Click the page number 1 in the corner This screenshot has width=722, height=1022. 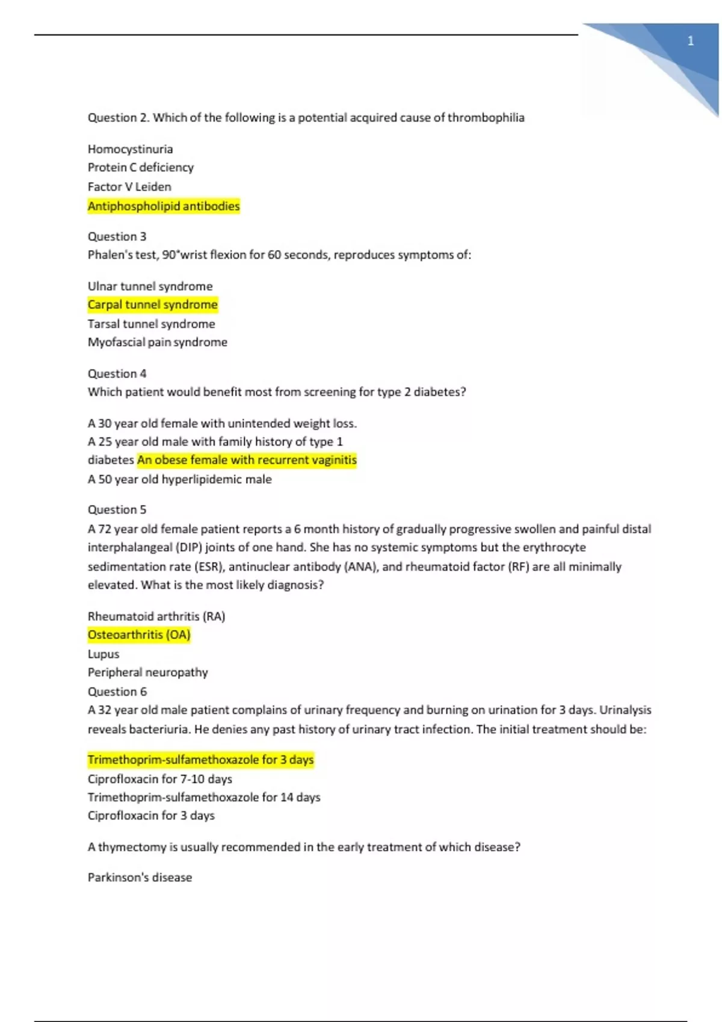(x=690, y=41)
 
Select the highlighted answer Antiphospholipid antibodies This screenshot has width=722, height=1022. (x=164, y=206)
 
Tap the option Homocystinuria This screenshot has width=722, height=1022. (x=130, y=149)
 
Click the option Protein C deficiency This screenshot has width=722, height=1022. (x=141, y=167)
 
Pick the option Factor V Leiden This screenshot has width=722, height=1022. (x=129, y=187)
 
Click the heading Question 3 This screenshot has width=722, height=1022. (x=117, y=236)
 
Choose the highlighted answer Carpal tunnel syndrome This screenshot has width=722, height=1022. (x=152, y=305)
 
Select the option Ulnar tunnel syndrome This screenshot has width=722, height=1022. (x=150, y=286)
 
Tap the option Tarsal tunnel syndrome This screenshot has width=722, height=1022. (x=151, y=324)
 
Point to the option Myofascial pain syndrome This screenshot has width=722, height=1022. (x=158, y=342)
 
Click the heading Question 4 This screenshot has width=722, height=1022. (x=117, y=373)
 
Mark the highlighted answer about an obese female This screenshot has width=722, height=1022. (x=247, y=460)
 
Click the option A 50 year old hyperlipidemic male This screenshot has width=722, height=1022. (x=179, y=479)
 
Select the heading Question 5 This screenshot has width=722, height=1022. (x=117, y=509)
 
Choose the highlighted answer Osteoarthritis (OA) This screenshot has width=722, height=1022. (x=139, y=635)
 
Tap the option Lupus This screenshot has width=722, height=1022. (x=103, y=654)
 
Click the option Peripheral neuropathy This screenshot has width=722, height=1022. (x=147, y=672)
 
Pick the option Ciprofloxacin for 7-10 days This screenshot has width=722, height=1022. (x=159, y=779)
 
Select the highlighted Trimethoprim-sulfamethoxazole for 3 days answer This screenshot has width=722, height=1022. (x=200, y=760)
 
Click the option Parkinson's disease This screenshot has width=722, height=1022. (x=140, y=877)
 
